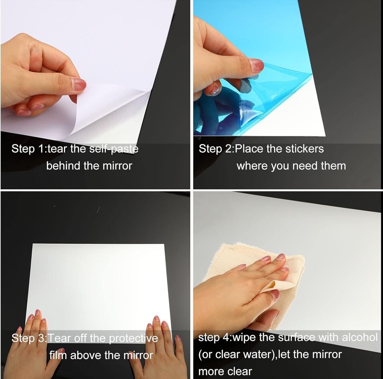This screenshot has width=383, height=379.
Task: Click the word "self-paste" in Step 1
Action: [x=114, y=149]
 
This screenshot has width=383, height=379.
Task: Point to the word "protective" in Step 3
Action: [x=133, y=338]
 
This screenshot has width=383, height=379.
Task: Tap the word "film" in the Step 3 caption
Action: [x=58, y=355]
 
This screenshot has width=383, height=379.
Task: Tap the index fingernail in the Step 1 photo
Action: [x=79, y=84]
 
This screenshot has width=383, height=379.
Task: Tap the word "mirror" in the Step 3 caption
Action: [x=138, y=355]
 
